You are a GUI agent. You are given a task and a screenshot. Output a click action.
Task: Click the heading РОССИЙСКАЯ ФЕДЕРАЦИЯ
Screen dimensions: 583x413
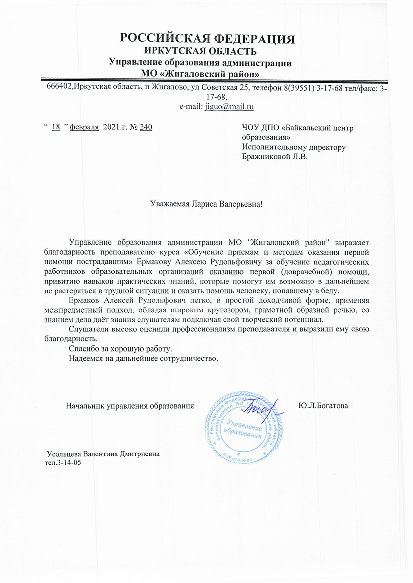click(x=207, y=39)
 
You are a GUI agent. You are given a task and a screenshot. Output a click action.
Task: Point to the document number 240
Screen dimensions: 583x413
click(x=146, y=127)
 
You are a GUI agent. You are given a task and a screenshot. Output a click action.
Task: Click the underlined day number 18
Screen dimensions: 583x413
click(x=56, y=127)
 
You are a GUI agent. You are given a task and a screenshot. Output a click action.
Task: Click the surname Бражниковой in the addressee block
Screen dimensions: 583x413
click(x=266, y=156)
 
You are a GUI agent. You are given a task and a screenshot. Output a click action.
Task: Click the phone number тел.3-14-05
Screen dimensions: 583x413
click(x=63, y=463)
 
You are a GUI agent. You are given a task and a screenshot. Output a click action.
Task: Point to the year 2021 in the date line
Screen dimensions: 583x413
click(x=111, y=127)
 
